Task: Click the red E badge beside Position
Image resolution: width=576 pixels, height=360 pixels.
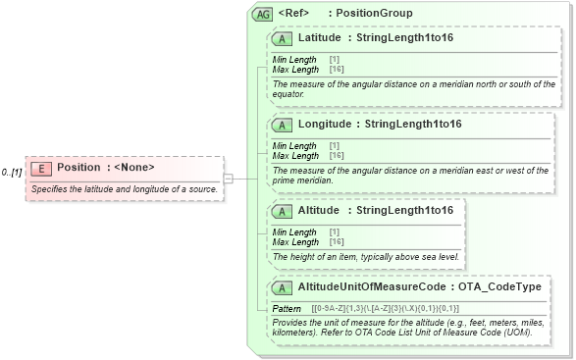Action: point(42,168)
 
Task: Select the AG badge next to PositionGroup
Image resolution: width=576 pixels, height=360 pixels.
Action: point(262,14)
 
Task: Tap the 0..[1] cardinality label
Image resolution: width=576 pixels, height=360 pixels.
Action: point(12,173)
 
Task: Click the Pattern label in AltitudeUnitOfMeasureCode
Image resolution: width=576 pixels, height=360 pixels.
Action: point(288,309)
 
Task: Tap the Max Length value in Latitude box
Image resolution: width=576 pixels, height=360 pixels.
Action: point(336,70)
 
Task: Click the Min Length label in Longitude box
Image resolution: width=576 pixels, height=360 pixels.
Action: point(294,146)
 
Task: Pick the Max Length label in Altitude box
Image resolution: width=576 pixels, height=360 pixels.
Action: point(295,241)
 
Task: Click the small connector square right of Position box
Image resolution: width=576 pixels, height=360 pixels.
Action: point(228,179)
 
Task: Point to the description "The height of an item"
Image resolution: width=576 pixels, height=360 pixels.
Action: point(365,257)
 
